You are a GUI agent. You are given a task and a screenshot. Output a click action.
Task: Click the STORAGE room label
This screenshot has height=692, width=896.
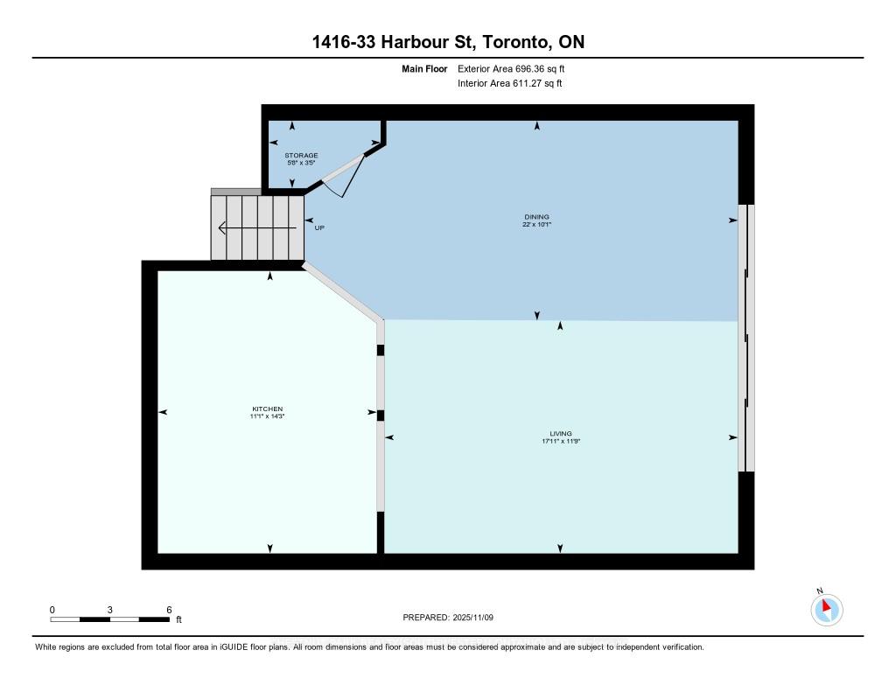301,155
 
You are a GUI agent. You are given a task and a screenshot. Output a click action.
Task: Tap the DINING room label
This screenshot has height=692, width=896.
537,216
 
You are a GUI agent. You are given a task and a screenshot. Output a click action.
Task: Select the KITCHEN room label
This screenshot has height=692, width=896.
267,409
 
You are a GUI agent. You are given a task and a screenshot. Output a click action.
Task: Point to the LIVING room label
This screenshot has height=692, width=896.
561,433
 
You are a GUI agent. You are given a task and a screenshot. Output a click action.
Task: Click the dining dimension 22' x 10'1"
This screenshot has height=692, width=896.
537,224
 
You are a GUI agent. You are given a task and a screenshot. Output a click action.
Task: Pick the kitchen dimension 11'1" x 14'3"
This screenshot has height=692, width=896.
267,416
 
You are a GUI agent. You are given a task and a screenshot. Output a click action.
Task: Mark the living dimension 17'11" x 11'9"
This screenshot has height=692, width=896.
561,442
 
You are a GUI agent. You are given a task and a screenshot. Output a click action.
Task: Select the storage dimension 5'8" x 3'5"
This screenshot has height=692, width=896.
301,163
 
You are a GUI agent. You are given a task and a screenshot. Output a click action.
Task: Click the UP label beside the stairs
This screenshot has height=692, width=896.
320,228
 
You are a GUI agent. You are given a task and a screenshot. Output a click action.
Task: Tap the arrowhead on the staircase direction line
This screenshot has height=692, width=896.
222,229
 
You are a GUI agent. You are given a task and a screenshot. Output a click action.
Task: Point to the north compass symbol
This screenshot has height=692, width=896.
826,608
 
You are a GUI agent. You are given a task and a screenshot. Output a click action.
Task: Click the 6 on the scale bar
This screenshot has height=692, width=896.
168,609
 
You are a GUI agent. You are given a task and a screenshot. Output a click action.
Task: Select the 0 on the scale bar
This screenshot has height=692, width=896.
52,609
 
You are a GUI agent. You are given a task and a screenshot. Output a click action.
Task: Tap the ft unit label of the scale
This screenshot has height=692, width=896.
178,619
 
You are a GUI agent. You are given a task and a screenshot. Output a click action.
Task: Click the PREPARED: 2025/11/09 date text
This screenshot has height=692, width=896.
449,617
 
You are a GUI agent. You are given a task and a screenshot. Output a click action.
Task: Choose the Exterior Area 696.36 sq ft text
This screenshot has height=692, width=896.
517,68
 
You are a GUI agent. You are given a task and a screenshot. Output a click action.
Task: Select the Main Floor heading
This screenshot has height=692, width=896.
424,68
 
